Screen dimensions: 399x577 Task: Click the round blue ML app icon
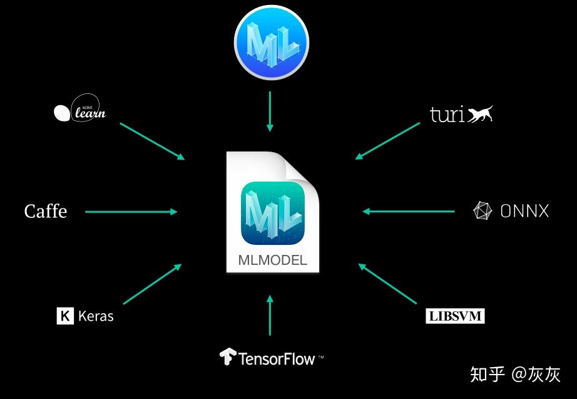click(271, 42)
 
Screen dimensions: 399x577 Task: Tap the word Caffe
click(46, 212)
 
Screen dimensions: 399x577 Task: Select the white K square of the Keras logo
click(64, 316)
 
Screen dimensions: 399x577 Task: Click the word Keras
click(96, 316)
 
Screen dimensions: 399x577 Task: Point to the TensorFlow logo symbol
click(227, 357)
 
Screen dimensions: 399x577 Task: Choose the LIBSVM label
click(455, 316)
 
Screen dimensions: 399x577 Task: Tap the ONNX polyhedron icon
click(483, 211)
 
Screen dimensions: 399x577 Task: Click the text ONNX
click(524, 211)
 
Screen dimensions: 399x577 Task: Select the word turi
click(447, 115)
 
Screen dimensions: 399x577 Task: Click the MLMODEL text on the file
click(273, 260)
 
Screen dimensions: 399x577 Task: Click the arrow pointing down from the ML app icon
click(270, 111)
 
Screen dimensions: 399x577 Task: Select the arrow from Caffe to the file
click(131, 212)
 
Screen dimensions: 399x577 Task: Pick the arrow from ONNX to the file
click(409, 212)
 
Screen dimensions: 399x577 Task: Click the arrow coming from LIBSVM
click(388, 285)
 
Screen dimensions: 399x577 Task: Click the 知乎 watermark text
click(488, 375)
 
